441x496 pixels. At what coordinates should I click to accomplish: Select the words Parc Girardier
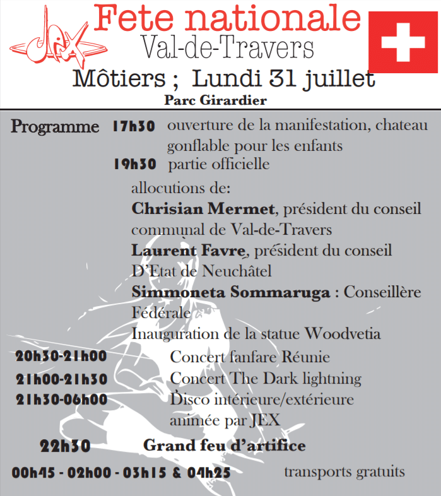pyautogui.click(x=215, y=100)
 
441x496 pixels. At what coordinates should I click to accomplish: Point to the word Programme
pyautogui.click(x=56, y=127)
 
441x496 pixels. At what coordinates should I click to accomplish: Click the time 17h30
pyautogui.click(x=134, y=126)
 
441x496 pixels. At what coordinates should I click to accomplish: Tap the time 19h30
pyautogui.click(x=135, y=165)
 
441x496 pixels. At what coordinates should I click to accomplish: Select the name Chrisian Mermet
pyautogui.click(x=203, y=208)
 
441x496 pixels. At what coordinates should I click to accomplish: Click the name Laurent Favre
pyautogui.click(x=187, y=251)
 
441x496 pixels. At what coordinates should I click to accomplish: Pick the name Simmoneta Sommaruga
pyautogui.click(x=232, y=292)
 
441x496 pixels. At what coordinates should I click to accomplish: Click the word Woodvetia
pyautogui.click(x=343, y=333)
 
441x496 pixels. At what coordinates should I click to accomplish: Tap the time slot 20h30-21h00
pyautogui.click(x=61, y=357)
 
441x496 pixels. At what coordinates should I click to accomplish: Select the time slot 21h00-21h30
pyautogui.click(x=62, y=379)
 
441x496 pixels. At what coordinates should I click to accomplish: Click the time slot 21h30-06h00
pyautogui.click(x=62, y=399)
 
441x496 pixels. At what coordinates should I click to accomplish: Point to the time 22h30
pyautogui.click(x=65, y=446)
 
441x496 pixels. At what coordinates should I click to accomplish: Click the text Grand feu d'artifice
pyautogui.click(x=225, y=446)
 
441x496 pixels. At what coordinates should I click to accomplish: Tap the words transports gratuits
pyautogui.click(x=344, y=471)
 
